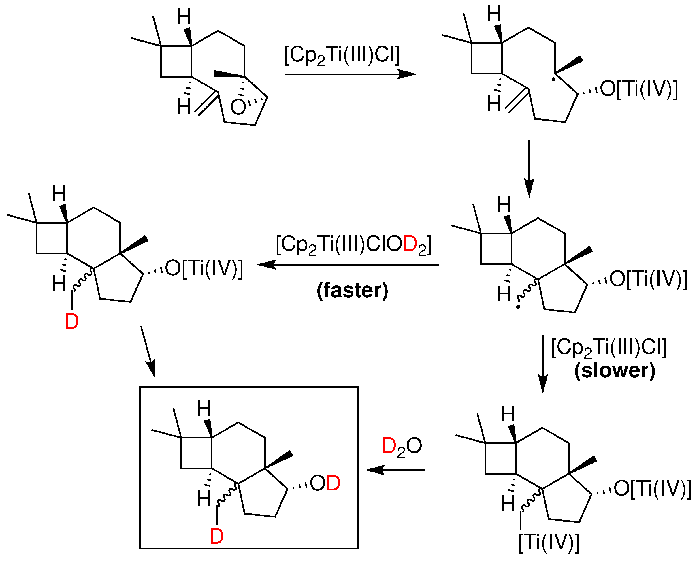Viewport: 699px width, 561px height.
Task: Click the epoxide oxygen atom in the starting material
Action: [x=238, y=107]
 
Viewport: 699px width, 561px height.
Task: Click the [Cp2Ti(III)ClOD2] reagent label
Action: [x=354, y=245]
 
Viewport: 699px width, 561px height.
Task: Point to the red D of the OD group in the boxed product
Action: [x=333, y=483]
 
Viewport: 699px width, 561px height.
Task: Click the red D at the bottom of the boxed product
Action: [x=216, y=536]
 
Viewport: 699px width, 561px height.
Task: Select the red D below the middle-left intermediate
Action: [x=72, y=322]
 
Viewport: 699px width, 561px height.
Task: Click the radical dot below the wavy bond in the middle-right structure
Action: [x=518, y=306]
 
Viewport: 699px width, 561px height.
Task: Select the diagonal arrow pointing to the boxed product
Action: [x=148, y=352]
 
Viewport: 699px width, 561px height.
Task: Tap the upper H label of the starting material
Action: [x=184, y=17]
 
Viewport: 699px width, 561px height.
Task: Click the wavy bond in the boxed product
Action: [x=227, y=495]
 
